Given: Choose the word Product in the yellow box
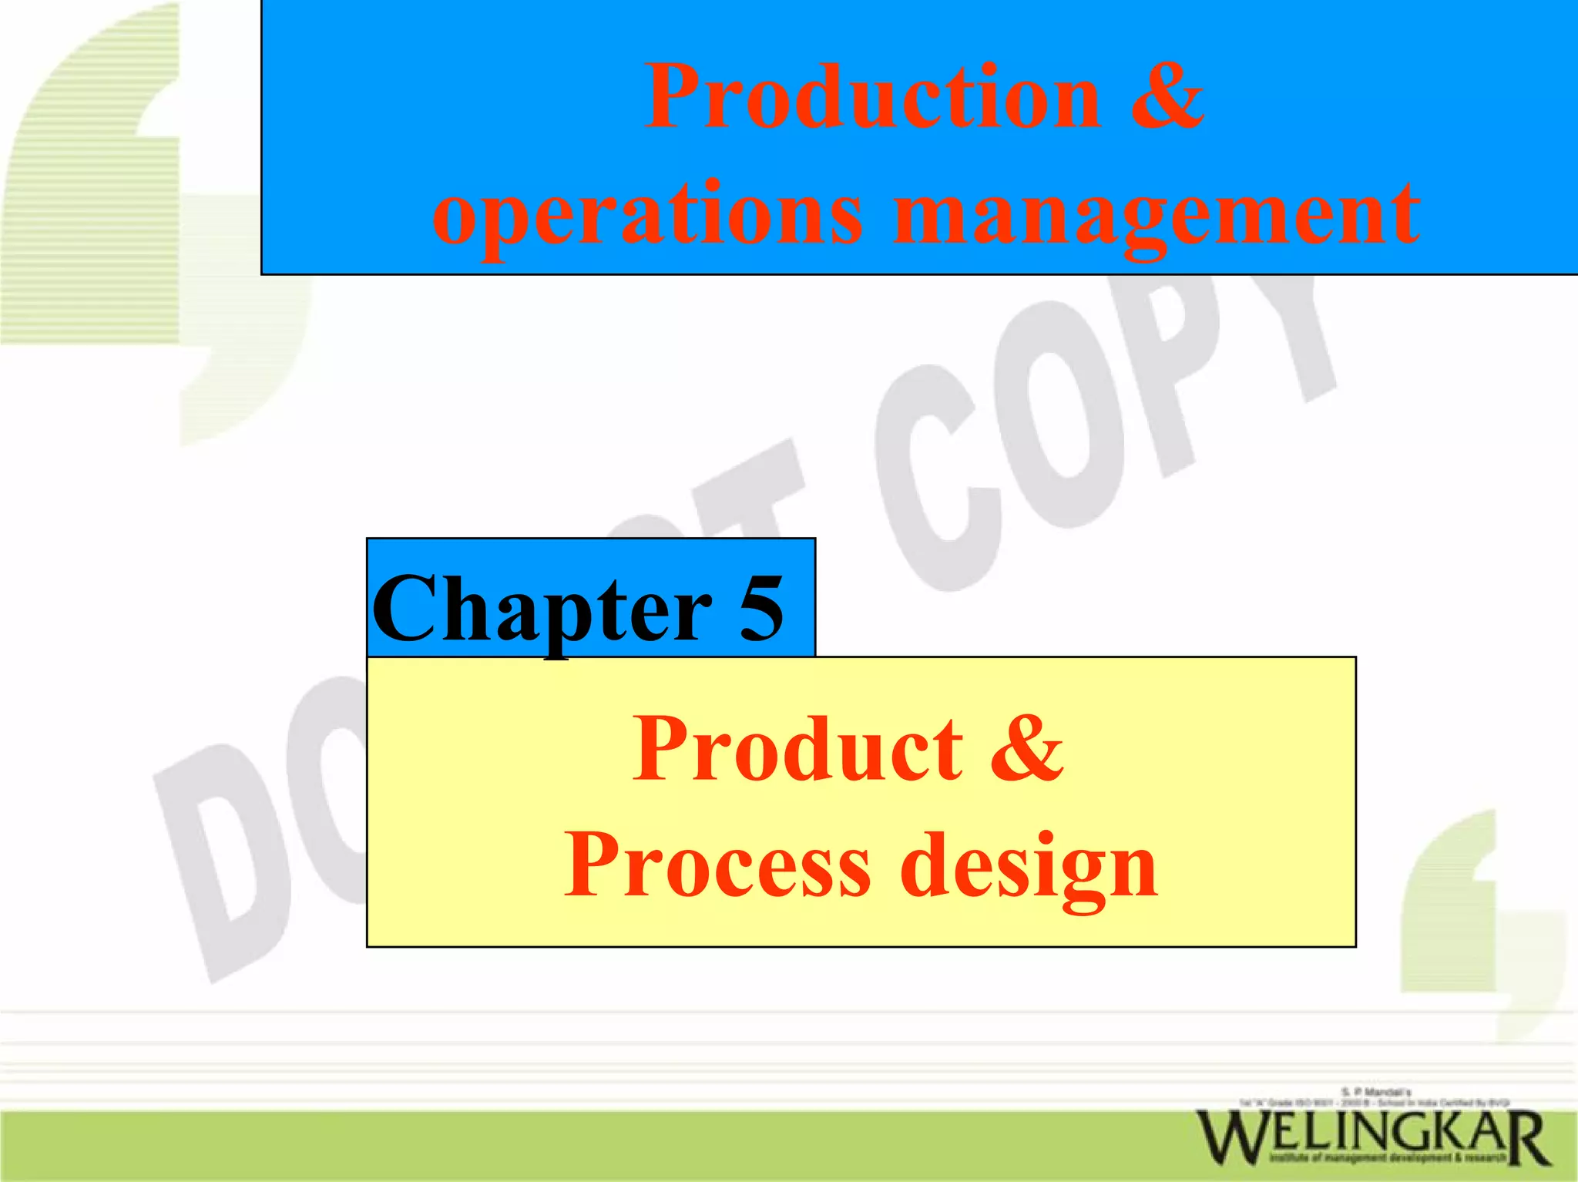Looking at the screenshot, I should tap(797, 749).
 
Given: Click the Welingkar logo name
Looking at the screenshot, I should tap(1372, 1137).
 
